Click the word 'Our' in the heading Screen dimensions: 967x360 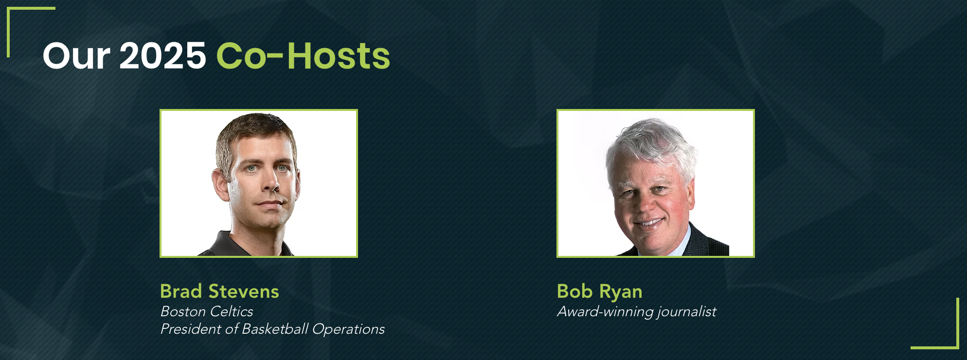click(x=76, y=56)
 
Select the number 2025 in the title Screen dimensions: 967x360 click(x=163, y=55)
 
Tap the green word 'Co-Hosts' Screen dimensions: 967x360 click(x=303, y=55)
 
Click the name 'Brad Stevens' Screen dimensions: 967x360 click(x=219, y=291)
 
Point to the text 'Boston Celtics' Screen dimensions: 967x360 click(x=207, y=311)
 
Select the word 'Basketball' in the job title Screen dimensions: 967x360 click(x=275, y=329)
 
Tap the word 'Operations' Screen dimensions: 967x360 click(x=348, y=329)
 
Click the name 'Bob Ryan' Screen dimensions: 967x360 click(x=600, y=291)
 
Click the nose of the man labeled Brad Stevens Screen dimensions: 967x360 click(x=273, y=184)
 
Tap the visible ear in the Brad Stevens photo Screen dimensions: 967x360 click(x=220, y=184)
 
